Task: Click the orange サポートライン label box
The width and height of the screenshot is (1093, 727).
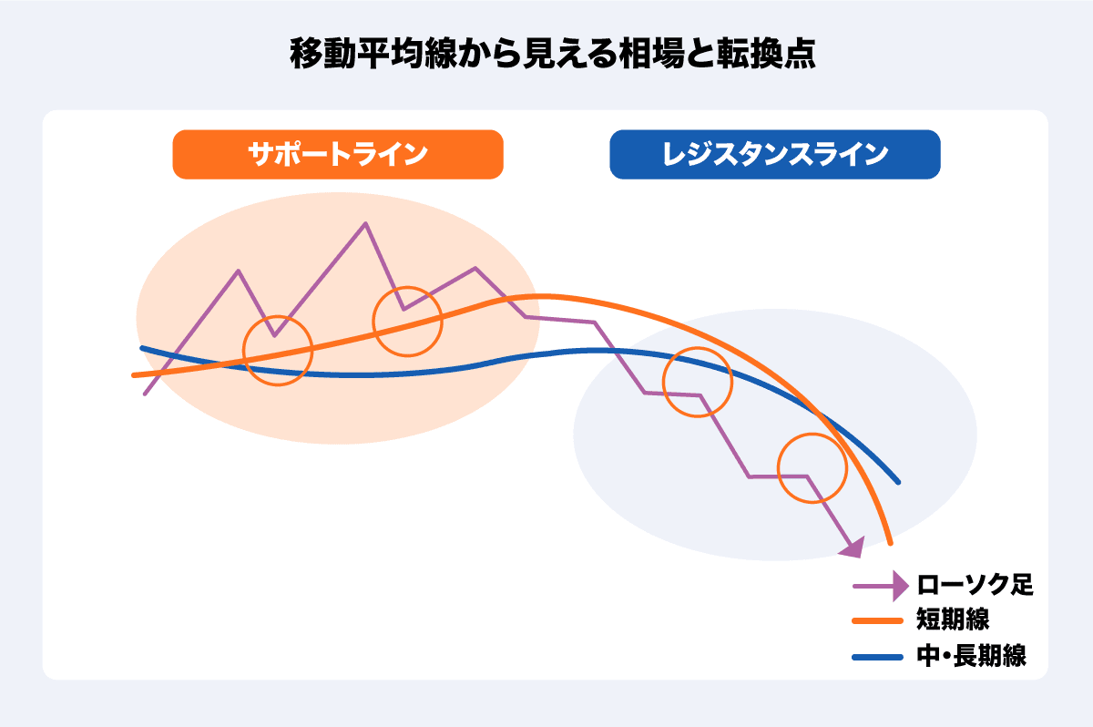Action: [x=337, y=154]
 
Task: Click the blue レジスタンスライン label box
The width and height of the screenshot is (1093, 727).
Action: [x=774, y=154]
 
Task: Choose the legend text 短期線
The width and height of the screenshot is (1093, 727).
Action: [x=953, y=620]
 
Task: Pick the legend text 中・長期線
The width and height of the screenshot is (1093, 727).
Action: [x=971, y=656]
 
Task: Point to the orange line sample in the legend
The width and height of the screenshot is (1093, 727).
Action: [x=878, y=621]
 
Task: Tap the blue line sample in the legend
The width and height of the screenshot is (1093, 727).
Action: [x=878, y=656]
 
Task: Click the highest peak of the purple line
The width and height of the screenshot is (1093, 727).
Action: [x=365, y=223]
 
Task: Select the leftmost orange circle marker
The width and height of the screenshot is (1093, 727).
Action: [x=278, y=351]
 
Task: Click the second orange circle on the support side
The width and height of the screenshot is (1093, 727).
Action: [x=407, y=321]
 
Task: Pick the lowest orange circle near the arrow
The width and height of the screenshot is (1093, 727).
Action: [x=812, y=468]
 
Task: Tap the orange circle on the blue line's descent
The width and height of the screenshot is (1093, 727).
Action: [x=697, y=382]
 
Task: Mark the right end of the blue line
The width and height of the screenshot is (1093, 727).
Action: [x=898, y=482]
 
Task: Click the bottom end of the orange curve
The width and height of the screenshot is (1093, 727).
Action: [x=889, y=543]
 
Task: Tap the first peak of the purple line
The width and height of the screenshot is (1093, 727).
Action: [x=238, y=271]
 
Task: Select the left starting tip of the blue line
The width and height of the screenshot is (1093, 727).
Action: [x=142, y=348]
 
